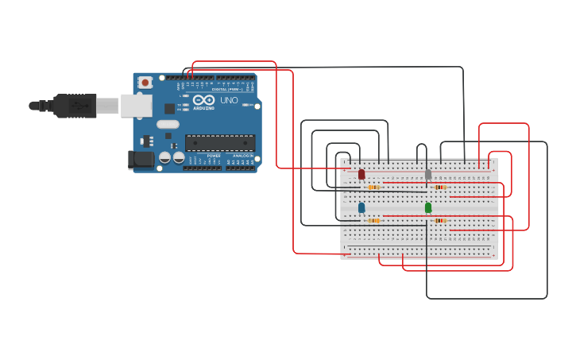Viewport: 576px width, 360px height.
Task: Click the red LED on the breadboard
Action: pyautogui.click(x=361, y=174)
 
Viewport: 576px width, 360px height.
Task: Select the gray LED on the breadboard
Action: pyautogui.click(x=428, y=174)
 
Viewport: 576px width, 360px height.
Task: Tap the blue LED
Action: pyautogui.click(x=361, y=207)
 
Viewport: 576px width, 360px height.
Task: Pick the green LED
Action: pyautogui.click(x=428, y=207)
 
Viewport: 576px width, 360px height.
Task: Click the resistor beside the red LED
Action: pyautogui.click(x=373, y=188)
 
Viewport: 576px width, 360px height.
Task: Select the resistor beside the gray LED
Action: pyautogui.click(x=439, y=188)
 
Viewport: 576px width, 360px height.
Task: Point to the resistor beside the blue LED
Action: pyautogui.click(x=373, y=221)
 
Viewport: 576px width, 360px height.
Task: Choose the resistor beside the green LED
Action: pyautogui.click(x=440, y=221)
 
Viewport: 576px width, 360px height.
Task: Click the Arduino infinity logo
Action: pyautogui.click(x=203, y=100)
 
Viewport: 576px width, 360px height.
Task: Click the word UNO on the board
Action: pyautogui.click(x=229, y=100)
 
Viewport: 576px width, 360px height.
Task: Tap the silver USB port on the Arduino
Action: pyautogui.click(x=136, y=105)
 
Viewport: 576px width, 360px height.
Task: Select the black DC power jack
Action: pyautogui.click(x=141, y=159)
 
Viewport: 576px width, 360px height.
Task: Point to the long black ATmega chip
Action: pyautogui.click(x=220, y=143)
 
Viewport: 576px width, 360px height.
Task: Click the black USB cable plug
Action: pyautogui.click(x=75, y=105)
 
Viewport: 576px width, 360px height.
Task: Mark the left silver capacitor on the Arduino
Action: pyautogui.click(x=165, y=157)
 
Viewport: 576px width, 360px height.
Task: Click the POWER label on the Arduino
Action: pyautogui.click(x=214, y=156)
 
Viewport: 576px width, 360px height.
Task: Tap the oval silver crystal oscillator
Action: pyautogui.click(x=168, y=124)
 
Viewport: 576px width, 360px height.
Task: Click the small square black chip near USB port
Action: pyautogui.click(x=169, y=108)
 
